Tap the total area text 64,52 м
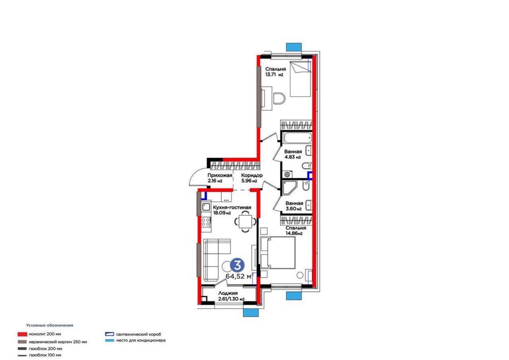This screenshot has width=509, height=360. pos(239,276)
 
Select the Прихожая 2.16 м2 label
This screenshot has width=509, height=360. pos(220,178)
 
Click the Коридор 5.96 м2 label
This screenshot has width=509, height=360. pos(252,178)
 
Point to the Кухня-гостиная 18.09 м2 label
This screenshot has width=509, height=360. pos(232,210)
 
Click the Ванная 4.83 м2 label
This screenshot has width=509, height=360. pos(293,154)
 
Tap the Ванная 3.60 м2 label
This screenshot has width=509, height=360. pos(294,206)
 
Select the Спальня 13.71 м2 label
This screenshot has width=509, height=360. pos(275,71)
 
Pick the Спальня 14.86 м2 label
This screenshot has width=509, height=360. pos(295,230)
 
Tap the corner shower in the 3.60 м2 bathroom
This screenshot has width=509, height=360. pos(289,188)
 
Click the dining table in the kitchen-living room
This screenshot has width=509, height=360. pos(245,222)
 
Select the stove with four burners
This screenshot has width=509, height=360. pos(206,222)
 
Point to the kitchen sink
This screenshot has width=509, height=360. pos(206,207)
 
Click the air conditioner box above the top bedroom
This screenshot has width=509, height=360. pos(294,47)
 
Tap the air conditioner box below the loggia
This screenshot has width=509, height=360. pos(251,312)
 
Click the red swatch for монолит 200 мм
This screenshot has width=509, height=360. pos(22,334)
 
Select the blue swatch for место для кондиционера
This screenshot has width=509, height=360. pos(110,340)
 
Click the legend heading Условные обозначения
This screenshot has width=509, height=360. pos(50,325)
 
